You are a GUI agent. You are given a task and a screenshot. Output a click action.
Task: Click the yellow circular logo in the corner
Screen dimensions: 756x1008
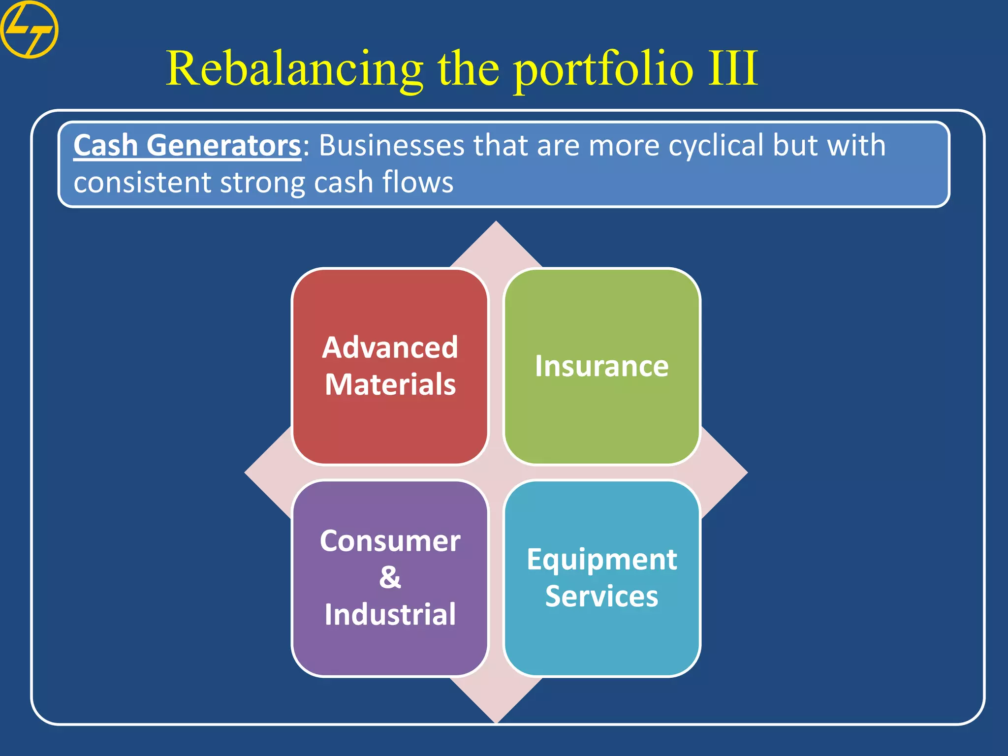(x=29, y=30)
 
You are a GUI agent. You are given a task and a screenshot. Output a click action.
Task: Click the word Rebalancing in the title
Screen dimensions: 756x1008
(x=294, y=69)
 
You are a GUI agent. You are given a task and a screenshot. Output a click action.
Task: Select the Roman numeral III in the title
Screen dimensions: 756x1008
(x=732, y=69)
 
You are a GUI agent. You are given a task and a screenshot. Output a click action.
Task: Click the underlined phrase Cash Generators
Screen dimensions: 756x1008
(x=187, y=146)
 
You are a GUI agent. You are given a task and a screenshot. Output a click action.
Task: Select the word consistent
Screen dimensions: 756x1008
(x=142, y=182)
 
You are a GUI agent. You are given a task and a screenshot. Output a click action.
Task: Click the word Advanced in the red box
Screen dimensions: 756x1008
(x=390, y=347)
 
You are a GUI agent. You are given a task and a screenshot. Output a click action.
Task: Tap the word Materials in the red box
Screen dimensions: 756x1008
(x=390, y=384)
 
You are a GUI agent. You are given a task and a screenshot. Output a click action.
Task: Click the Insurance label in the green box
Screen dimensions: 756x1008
(x=601, y=366)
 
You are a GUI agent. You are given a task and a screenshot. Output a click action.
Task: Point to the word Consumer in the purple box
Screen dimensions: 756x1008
(x=390, y=541)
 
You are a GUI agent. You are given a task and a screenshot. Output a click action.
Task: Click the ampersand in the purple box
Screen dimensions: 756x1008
(x=390, y=577)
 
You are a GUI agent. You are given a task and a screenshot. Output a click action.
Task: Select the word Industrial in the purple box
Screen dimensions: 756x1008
(x=390, y=614)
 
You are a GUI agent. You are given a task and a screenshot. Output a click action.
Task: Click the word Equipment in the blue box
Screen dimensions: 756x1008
(x=601, y=560)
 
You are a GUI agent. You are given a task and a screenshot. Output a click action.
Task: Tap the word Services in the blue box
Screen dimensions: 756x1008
(x=601, y=596)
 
